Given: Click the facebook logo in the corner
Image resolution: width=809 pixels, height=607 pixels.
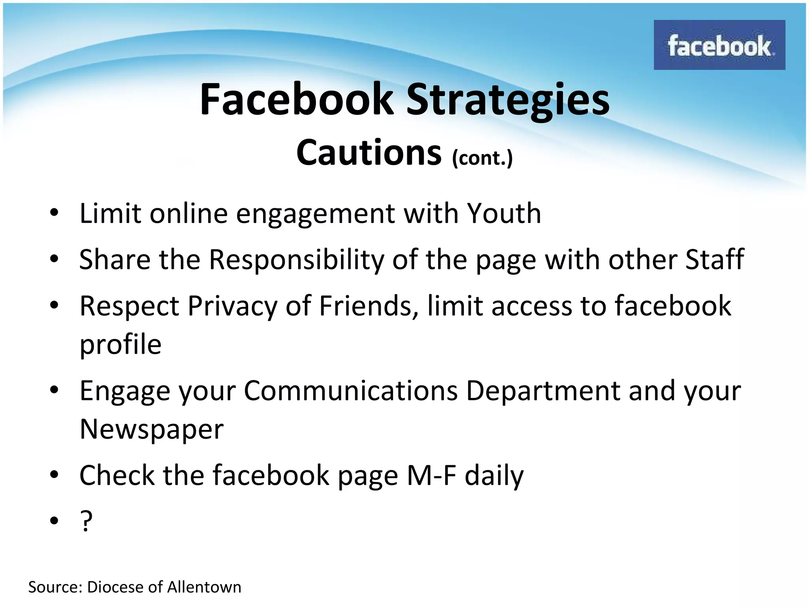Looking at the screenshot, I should coord(719,45).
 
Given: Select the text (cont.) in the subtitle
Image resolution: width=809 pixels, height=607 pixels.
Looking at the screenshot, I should coord(482,158).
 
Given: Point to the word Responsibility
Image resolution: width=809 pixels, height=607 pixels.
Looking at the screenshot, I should coord(296,260).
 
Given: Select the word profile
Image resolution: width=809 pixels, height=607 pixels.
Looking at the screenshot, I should coord(120,345).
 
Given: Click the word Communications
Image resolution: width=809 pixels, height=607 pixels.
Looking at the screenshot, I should coord(351,391).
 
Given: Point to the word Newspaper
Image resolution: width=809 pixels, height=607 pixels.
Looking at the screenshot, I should coord(152,430).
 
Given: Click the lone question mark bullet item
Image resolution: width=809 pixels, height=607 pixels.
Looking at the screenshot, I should coord(86,521).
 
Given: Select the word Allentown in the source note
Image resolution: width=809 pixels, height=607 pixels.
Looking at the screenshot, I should coord(204,587).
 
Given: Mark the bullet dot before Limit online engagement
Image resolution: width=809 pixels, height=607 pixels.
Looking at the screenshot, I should coord(54,214).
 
